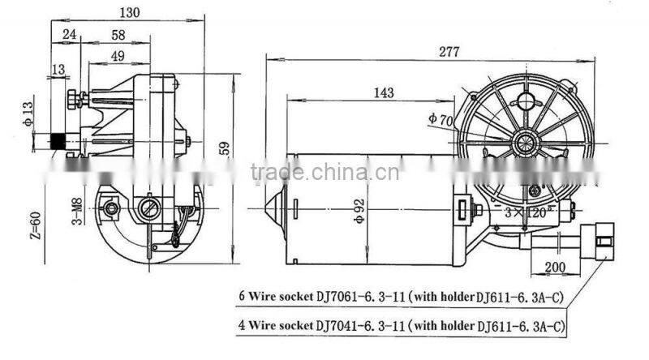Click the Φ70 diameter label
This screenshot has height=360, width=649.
point(439,119)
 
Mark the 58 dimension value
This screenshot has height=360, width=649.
point(118,36)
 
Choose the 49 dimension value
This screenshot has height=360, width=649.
point(118,55)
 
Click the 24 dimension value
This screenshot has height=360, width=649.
point(69,36)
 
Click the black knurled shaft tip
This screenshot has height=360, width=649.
point(58,140)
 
